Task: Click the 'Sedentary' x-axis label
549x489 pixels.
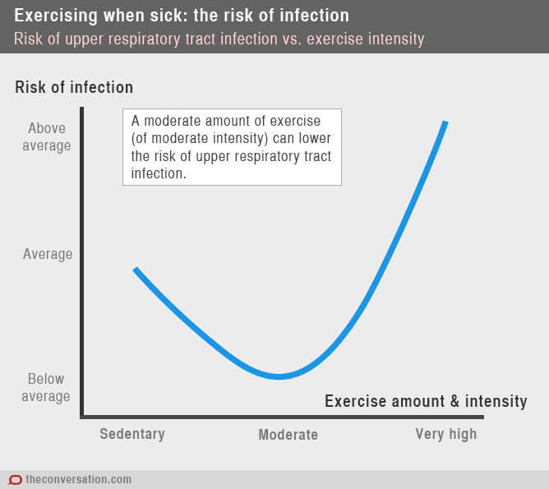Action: coord(132,434)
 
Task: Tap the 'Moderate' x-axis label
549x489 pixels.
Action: coord(288,435)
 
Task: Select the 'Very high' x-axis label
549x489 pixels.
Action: coord(445,434)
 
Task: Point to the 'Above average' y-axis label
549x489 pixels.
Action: coord(49,137)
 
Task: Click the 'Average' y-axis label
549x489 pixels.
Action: coord(48,254)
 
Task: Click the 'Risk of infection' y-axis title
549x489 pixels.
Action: coord(74,87)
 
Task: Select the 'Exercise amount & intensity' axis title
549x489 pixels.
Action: coord(426,401)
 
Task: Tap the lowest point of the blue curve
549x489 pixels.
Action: coord(279,376)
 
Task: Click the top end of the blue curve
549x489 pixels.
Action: coord(445,123)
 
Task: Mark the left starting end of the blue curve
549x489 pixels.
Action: coord(136,270)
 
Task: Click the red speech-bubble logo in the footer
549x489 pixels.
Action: coord(15,479)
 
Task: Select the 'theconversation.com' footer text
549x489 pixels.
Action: coord(79,479)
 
